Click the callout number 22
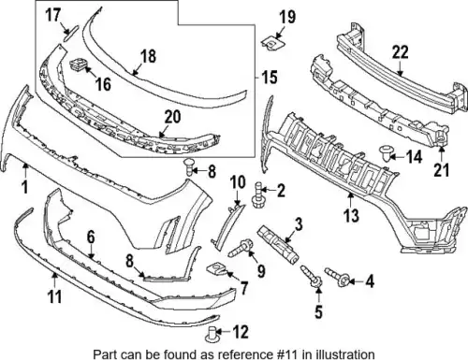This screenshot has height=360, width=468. click(400, 52)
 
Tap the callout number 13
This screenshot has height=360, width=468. click(351, 215)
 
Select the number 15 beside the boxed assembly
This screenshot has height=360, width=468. click(270, 77)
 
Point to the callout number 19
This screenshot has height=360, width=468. click(287, 17)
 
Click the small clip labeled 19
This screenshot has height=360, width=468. click(271, 43)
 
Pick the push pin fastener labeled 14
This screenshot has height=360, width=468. click(385, 154)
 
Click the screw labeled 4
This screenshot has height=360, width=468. click(337, 276)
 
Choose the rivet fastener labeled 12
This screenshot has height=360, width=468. click(212, 334)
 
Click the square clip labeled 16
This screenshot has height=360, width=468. click(78, 65)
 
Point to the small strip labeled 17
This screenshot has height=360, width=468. click(71, 34)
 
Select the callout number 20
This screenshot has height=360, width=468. click(172, 117)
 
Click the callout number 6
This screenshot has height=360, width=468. click(91, 238)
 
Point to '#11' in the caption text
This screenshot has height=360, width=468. click(292, 354)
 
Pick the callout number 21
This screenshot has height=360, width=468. click(441, 170)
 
